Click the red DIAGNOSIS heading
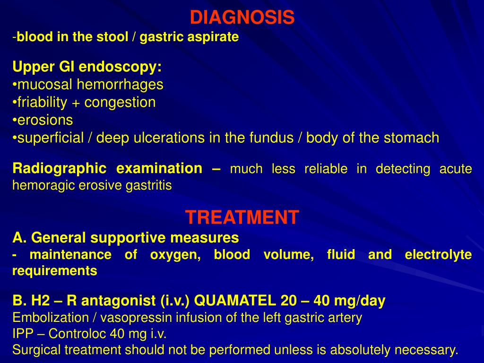pyautogui.click(x=242, y=18)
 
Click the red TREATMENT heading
pyautogui.click(x=242, y=217)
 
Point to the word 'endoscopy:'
pyautogui.click(x=120, y=67)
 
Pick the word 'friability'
pyautogui.click(x=43, y=102)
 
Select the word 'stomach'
pyautogui.click(x=411, y=138)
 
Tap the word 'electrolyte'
pyautogui.click(x=438, y=255)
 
